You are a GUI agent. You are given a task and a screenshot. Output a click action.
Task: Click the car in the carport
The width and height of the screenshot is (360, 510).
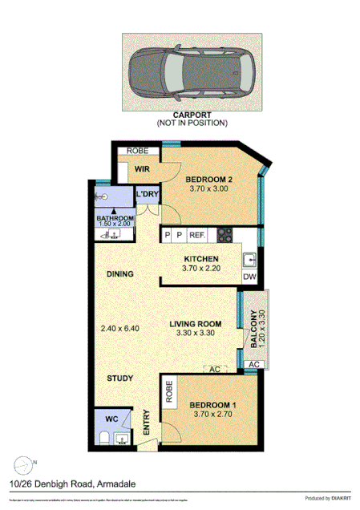[191, 71]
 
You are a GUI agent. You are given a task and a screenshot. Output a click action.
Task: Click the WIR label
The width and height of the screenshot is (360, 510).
[143, 169]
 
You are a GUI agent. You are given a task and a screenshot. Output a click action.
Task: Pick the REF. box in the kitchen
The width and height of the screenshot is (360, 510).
[197, 235]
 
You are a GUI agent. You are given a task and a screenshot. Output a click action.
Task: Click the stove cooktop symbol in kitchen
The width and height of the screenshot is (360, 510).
[224, 235]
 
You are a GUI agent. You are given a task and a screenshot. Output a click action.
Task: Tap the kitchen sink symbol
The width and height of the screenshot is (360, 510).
[250, 259]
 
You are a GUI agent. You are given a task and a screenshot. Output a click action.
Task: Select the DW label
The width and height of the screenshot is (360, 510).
[249, 277]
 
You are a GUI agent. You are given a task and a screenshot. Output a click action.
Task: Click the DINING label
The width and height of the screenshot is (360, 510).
[119, 274]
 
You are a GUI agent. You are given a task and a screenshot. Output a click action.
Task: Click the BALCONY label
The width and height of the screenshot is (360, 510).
[253, 329]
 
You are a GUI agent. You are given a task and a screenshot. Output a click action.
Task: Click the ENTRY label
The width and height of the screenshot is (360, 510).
[147, 423]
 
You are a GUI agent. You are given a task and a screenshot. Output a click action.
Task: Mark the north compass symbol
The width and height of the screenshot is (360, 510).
[25, 463]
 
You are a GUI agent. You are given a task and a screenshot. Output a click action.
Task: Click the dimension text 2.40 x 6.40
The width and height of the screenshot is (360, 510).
[121, 328]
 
